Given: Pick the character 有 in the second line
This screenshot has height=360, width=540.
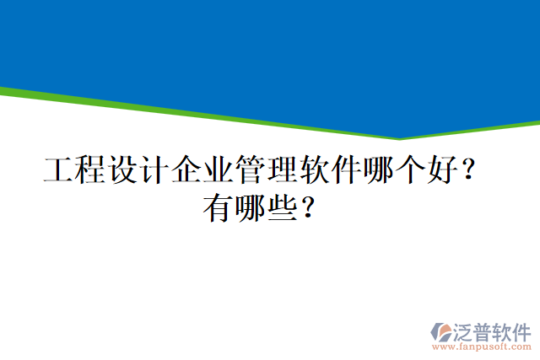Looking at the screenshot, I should point(218,207).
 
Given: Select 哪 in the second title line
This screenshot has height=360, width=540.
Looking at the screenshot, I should point(250,207).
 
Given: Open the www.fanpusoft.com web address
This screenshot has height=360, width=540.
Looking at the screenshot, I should point(481,346).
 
